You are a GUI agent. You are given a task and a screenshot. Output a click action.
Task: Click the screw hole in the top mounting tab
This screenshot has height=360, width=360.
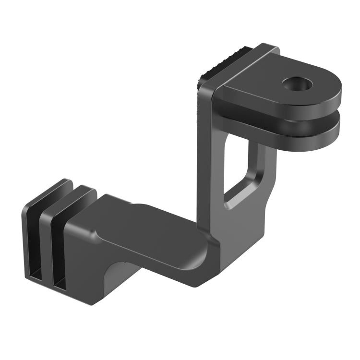pos(297,84)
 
